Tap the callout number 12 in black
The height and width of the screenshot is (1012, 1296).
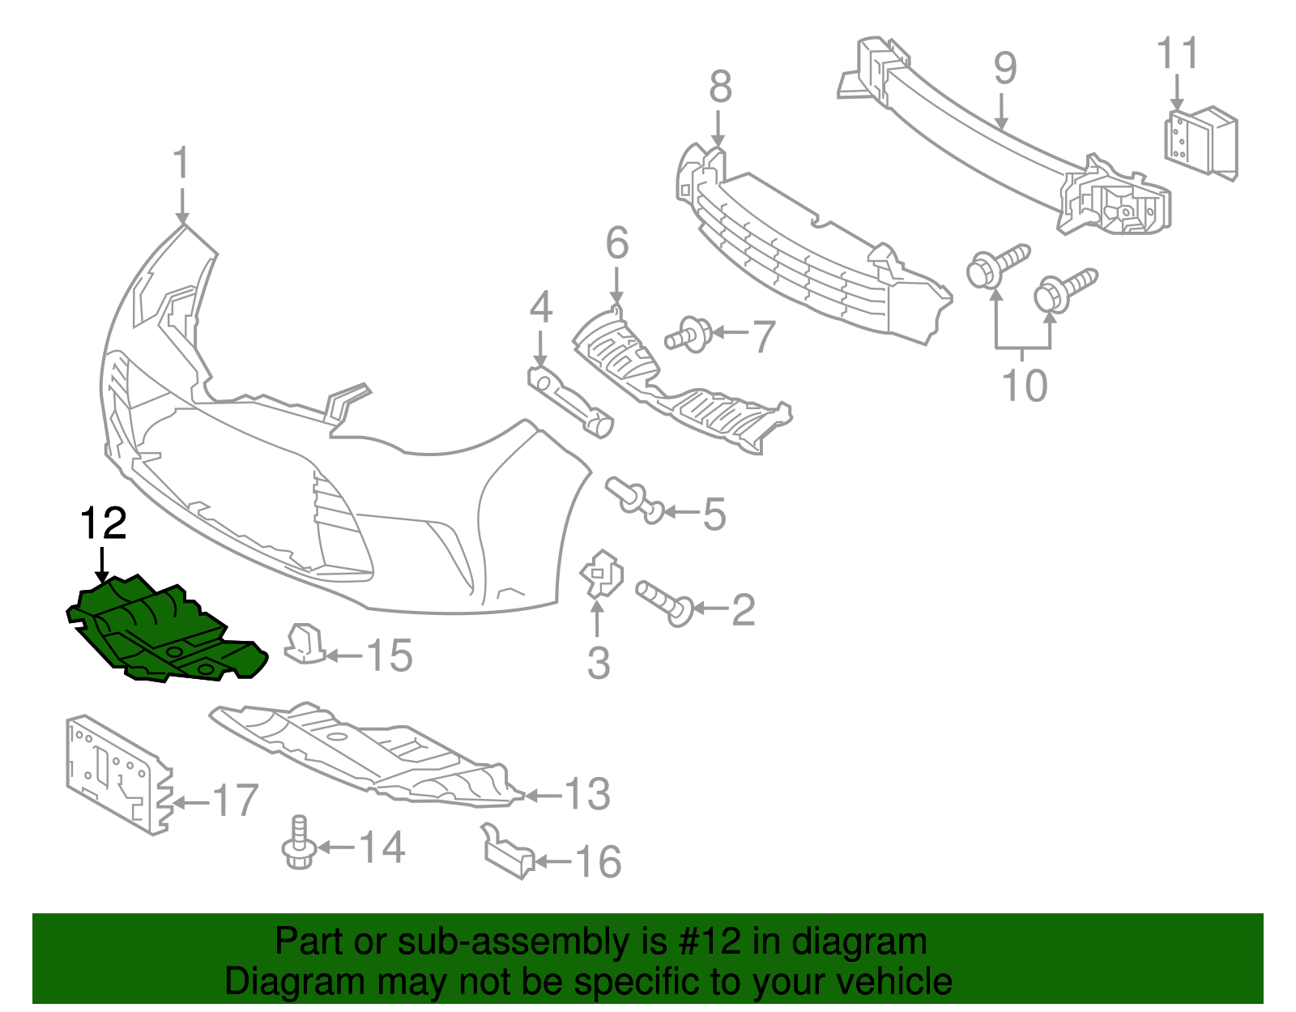pyautogui.click(x=104, y=524)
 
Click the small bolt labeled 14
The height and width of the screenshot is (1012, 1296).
pyautogui.click(x=299, y=844)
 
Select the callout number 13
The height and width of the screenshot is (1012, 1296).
pyautogui.click(x=586, y=795)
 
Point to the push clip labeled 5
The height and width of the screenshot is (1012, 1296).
pyautogui.click(x=634, y=497)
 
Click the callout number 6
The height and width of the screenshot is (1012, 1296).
pyautogui.click(x=616, y=244)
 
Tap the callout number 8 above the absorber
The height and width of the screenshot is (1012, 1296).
pyautogui.click(x=719, y=88)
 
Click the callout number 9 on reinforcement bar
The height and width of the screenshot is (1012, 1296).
pyautogui.click(x=1004, y=68)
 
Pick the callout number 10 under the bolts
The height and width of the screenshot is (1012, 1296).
pyautogui.click(x=1024, y=386)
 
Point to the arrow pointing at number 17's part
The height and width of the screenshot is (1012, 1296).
pyautogui.click(x=190, y=803)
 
